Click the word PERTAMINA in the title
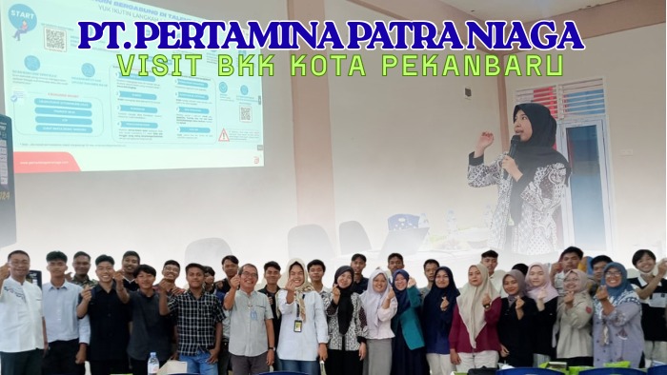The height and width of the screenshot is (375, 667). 243,35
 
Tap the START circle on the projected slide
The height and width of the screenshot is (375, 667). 21,19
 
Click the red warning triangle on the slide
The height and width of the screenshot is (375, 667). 223,135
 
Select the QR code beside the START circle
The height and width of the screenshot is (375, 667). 55,39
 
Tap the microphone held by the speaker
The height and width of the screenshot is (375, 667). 515,146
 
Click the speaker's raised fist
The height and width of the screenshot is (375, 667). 484,140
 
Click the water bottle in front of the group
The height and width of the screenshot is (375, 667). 152,363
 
